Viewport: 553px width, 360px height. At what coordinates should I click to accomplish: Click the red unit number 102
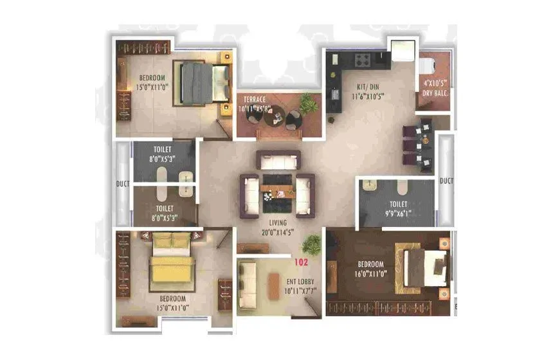point(302,262)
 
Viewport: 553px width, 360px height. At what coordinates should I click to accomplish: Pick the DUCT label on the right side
point(446,181)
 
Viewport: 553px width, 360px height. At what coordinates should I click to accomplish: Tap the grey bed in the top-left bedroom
point(204,83)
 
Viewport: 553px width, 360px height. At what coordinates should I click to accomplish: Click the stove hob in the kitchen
point(362,60)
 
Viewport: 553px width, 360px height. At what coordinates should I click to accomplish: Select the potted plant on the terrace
point(309,103)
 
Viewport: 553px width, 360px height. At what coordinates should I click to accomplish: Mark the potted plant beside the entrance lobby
point(312,244)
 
